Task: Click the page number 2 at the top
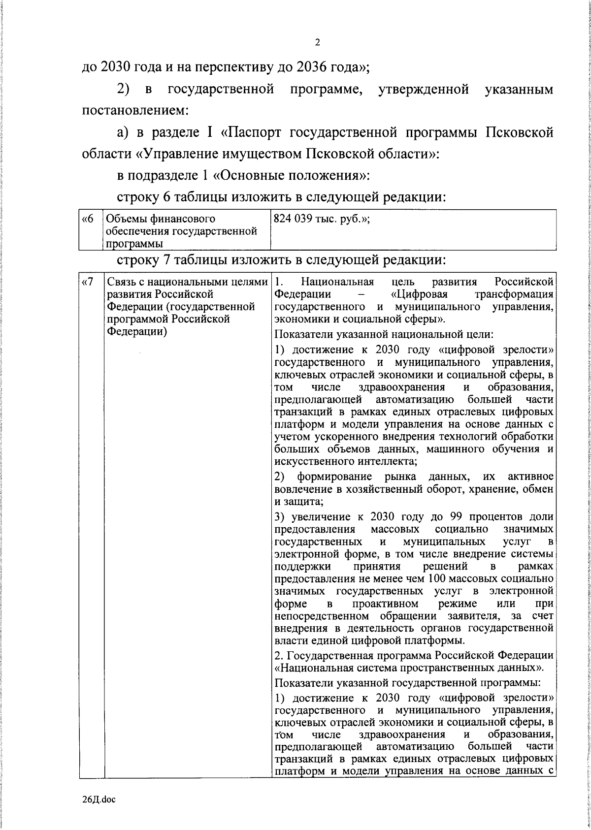pyautogui.click(x=317, y=43)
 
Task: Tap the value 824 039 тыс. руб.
pyautogui.click(x=321, y=219)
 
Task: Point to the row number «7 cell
pyautogui.click(x=88, y=282)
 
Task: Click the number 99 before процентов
pyautogui.click(x=457, y=517)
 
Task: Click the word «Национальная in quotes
pyautogui.click(x=311, y=668)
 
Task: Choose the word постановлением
pyautogui.click(x=135, y=111)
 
